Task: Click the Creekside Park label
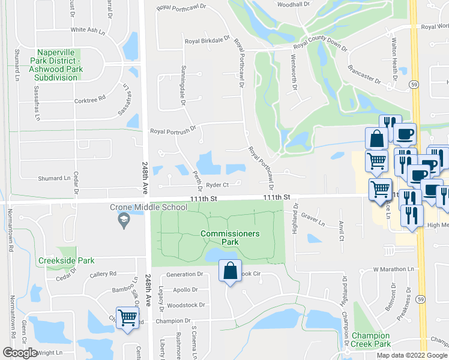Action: click(x=66, y=261)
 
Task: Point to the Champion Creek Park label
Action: click(x=372, y=340)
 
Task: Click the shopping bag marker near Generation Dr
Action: click(x=231, y=271)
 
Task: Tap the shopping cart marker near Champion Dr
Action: click(x=127, y=317)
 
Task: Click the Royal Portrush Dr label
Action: click(x=173, y=131)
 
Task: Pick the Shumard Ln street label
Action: click(x=55, y=178)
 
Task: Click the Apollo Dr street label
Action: click(x=185, y=290)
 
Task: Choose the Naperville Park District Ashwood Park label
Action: click(x=58, y=65)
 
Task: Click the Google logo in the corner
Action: click(x=20, y=353)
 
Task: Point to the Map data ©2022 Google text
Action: click(x=412, y=355)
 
